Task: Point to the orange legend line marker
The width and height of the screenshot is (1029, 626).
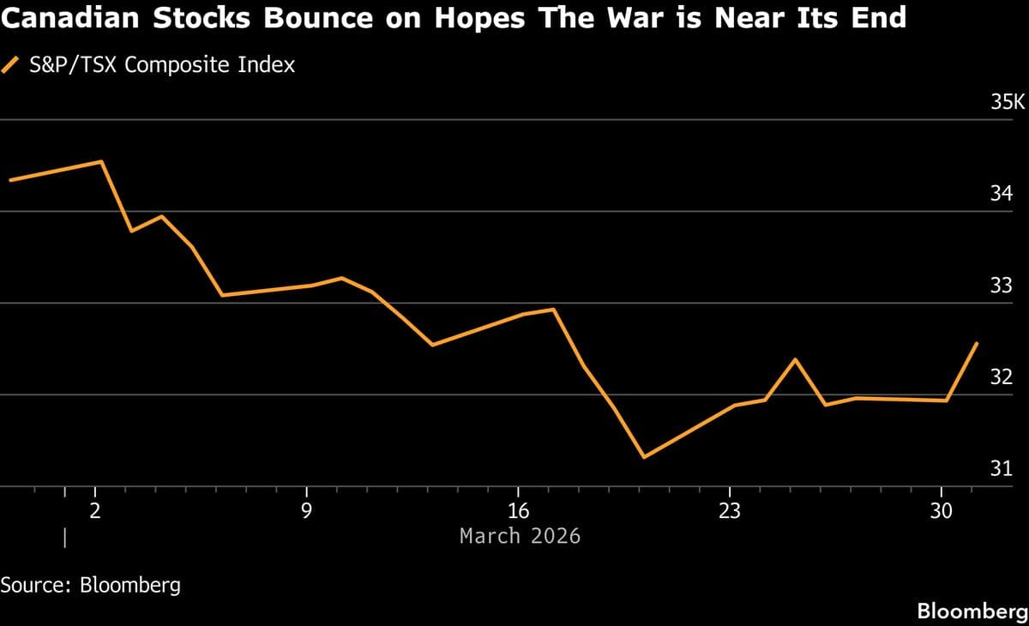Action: tap(11, 64)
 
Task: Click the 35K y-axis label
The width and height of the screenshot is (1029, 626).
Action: tap(1008, 103)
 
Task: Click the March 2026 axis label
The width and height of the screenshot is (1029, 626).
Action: tap(520, 536)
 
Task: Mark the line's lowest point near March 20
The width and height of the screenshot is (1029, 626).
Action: tap(644, 457)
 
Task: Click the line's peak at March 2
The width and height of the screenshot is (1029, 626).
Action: tap(102, 161)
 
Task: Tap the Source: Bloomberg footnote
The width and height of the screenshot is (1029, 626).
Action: tap(91, 586)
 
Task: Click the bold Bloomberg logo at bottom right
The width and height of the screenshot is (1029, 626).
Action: tap(972, 611)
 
